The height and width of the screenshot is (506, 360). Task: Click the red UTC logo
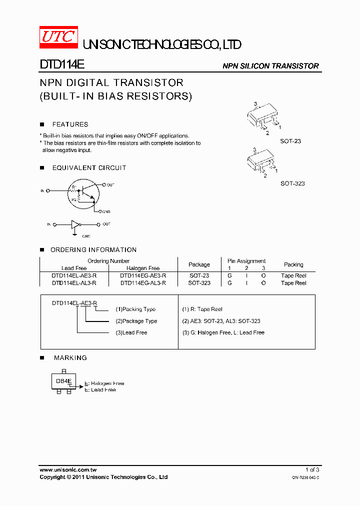point(58,38)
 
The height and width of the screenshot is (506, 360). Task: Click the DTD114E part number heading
point(62,65)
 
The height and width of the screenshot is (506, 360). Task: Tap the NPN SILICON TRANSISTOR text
point(270,66)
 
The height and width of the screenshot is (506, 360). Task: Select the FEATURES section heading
point(70,124)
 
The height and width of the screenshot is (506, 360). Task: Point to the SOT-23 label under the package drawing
point(290,141)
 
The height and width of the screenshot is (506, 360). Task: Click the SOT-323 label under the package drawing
point(292,183)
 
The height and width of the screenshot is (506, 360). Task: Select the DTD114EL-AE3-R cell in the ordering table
point(74,275)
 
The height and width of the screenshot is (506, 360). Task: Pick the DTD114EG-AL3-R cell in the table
point(143,283)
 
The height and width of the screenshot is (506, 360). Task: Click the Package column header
point(199,264)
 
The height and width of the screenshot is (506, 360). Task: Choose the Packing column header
point(293,264)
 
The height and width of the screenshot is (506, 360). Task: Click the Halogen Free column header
point(143,268)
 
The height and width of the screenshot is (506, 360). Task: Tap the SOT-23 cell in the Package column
point(199,275)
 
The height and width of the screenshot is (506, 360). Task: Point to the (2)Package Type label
point(136,321)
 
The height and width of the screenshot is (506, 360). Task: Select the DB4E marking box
point(63,381)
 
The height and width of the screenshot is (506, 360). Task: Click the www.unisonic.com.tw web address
point(68,470)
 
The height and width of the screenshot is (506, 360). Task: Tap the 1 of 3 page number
point(312,470)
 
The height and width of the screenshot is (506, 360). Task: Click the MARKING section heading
point(70,358)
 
